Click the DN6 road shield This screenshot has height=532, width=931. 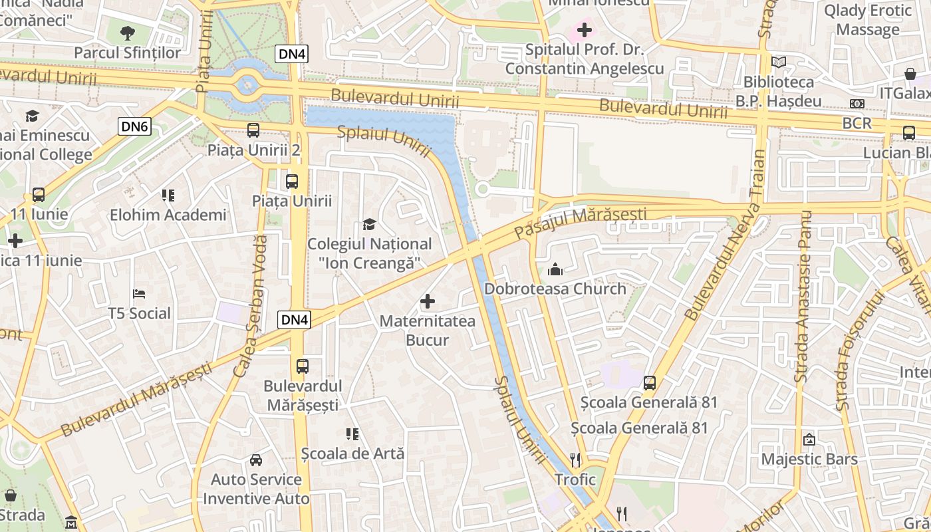(135, 126)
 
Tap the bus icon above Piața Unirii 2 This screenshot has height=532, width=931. (253, 130)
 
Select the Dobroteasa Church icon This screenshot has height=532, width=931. (555, 269)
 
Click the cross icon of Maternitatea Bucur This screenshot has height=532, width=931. (428, 302)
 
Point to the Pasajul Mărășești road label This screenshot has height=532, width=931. (581, 224)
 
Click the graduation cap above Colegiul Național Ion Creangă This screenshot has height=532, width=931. (369, 225)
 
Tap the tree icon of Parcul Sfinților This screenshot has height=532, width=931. (127, 32)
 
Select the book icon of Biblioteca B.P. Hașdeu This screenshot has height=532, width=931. (779, 63)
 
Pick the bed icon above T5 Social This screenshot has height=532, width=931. (140, 293)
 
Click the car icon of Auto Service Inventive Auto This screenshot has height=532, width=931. (256, 460)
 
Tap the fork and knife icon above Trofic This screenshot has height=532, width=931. (575, 460)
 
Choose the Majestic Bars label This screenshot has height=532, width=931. (809, 459)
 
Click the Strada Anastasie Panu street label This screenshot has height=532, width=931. (803, 296)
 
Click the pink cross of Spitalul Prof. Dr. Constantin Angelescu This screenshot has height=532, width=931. (584, 30)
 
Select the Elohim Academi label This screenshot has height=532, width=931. (168, 215)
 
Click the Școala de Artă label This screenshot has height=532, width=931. (352, 454)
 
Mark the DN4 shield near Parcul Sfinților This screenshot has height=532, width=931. (291, 54)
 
